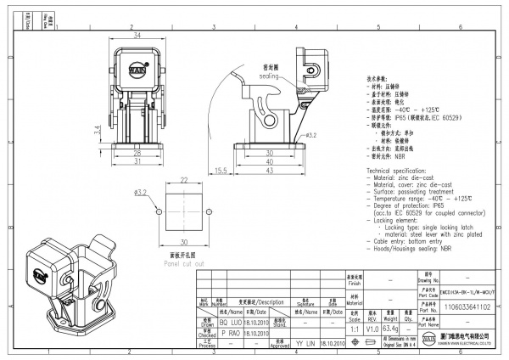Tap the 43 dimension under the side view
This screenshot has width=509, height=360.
point(270,172)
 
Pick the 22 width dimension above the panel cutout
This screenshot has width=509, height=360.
point(183,180)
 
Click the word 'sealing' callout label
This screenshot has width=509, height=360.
point(271,74)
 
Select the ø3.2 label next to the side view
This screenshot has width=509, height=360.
point(310,135)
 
